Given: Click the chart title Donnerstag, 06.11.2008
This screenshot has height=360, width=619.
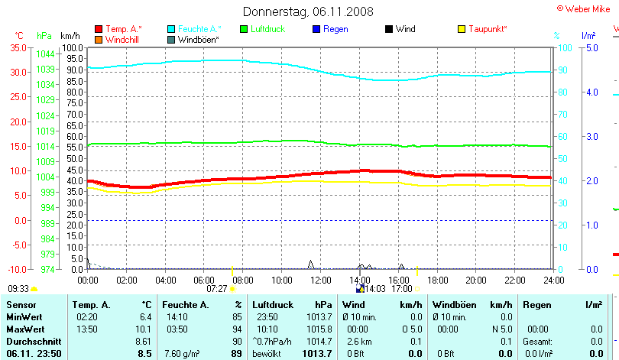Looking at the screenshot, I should (309, 11).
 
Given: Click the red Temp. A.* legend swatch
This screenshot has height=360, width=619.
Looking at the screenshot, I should (99, 29).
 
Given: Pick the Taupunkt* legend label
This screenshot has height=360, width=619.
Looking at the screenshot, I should (488, 29).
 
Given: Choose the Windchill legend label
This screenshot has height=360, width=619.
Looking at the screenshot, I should (123, 39).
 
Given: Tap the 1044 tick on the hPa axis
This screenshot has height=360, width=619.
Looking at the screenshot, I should (45, 54).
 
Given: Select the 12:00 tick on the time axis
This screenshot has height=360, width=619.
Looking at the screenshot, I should (320, 280).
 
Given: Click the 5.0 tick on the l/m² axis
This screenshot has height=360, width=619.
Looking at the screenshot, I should (591, 47).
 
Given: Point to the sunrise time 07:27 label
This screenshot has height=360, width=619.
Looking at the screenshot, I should (216, 289).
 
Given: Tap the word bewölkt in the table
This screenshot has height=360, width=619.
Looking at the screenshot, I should (267, 353).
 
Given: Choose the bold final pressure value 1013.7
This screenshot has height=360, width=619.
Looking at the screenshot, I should (318, 353).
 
